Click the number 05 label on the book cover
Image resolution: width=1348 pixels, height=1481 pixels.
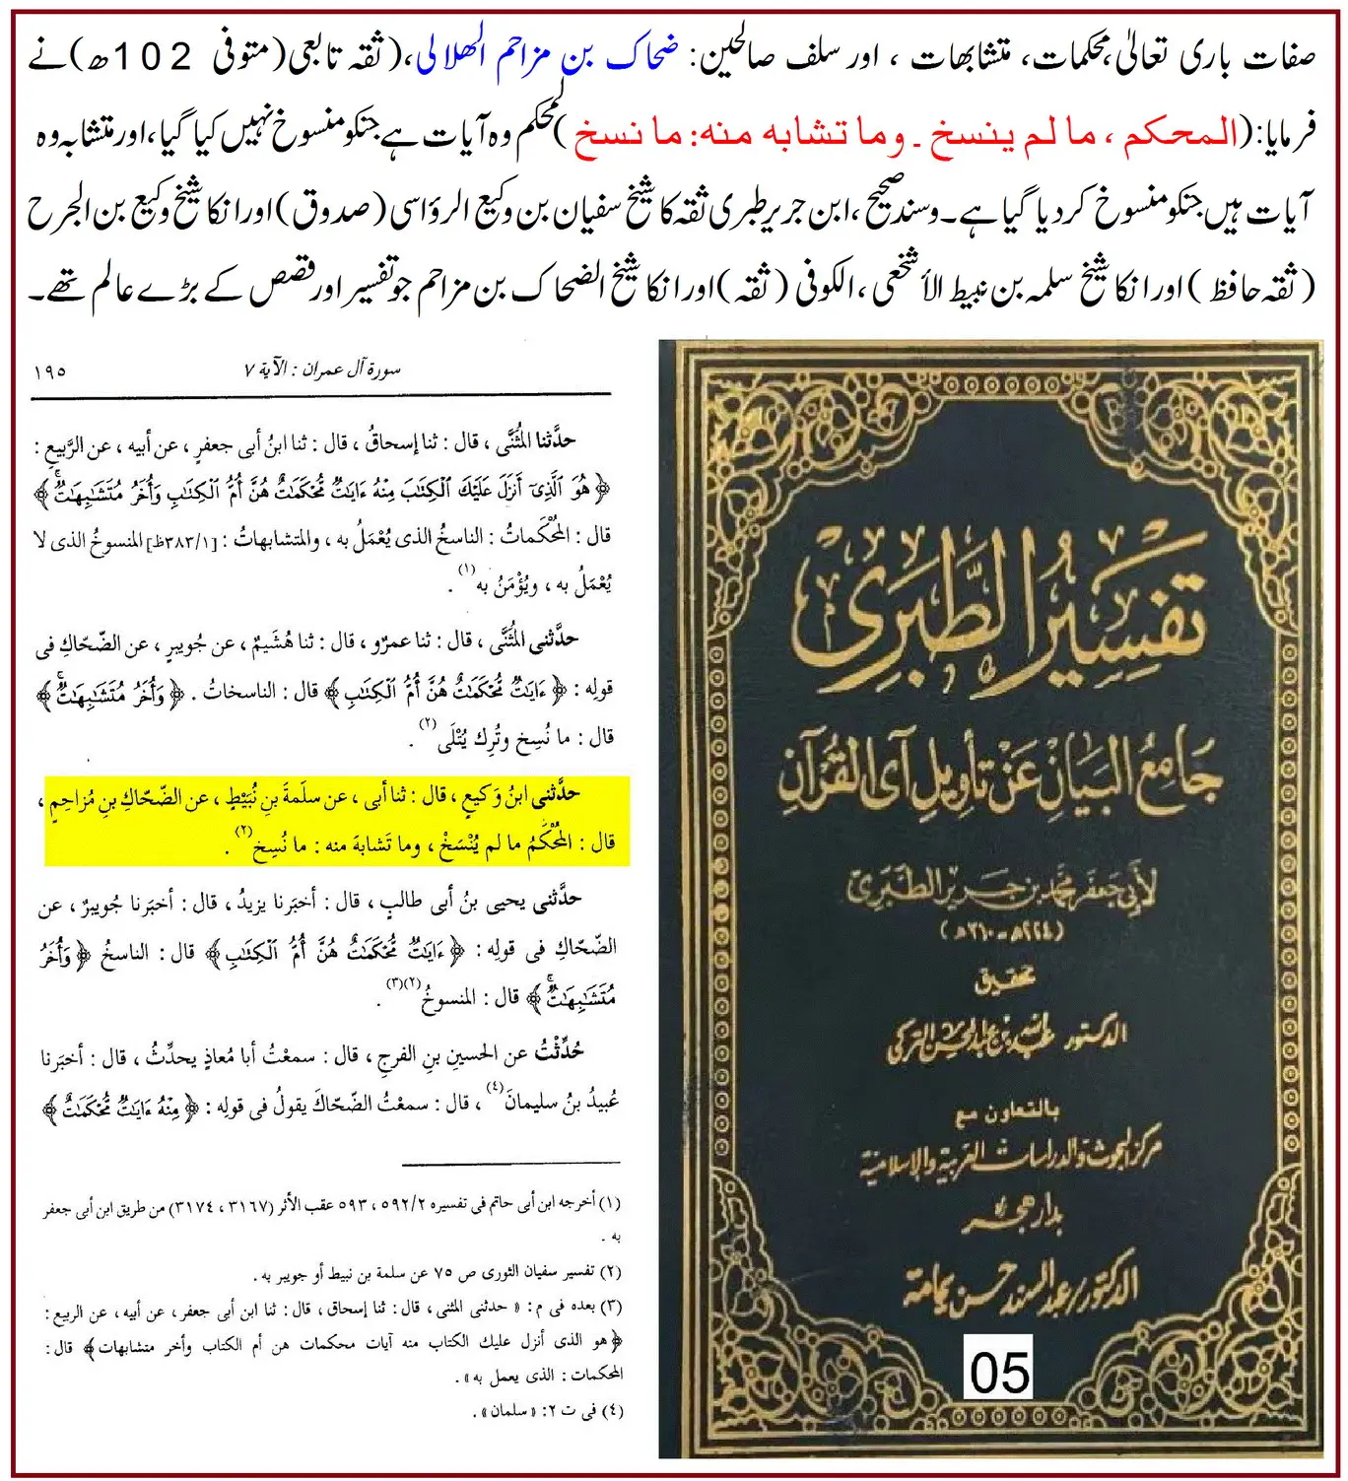(999, 1370)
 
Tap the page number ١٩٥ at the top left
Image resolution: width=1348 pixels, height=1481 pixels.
(49, 371)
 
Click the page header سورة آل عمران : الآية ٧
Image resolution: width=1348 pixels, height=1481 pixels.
(321, 370)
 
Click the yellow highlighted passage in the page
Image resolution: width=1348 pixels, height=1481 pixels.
(336, 820)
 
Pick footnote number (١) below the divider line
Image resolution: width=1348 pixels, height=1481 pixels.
(611, 1203)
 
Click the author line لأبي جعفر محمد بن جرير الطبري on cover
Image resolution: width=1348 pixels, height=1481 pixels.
(1000, 892)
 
